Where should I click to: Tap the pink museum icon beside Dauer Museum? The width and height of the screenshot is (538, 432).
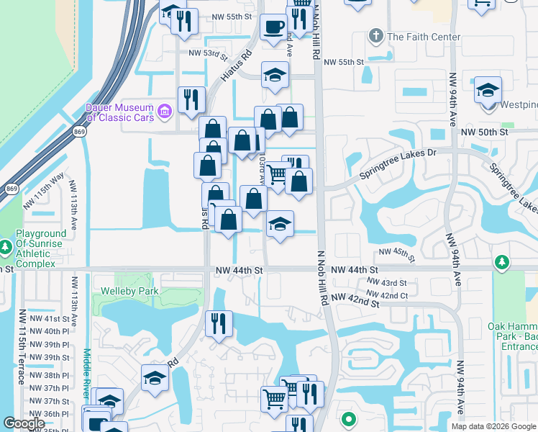165,112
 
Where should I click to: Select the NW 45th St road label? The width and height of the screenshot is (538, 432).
397,256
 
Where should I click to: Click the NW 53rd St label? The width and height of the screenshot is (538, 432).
208,53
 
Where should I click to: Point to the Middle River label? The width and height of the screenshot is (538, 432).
87,374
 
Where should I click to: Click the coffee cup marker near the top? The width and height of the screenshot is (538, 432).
273,27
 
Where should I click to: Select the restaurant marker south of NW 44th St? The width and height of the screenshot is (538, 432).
219,323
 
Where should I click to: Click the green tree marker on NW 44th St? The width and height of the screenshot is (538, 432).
503,263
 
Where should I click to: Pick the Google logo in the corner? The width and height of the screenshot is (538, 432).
24,423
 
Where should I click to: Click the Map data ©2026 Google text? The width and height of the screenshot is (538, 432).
493,426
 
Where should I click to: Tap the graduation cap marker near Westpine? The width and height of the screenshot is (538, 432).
488,91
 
